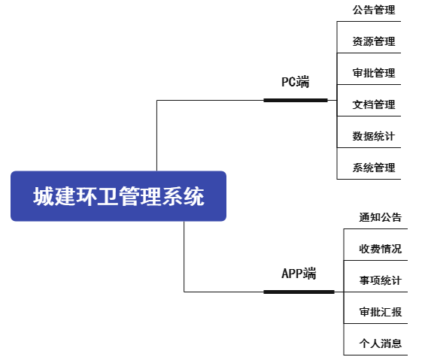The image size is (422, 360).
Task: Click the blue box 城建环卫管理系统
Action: click(118, 196)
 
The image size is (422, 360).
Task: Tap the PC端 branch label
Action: click(295, 82)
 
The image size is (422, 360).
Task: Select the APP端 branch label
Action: click(299, 274)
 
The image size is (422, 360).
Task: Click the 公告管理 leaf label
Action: click(374, 10)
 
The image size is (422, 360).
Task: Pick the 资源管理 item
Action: click(374, 41)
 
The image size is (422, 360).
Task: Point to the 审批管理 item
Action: click(374, 73)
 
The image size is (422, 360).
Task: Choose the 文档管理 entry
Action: click(374, 104)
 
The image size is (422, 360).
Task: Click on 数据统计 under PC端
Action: click(374, 136)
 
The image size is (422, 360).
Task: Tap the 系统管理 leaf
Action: click(374, 168)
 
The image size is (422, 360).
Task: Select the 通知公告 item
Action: click(381, 217)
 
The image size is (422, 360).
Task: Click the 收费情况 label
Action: click(381, 249)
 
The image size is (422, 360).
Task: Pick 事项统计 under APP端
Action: click(381, 280)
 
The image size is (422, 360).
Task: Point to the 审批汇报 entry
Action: click(381, 312)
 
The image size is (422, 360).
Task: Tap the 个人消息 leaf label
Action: click(381, 343)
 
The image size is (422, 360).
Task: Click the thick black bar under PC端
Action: click(296, 100)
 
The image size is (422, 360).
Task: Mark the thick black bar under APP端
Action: click(299, 292)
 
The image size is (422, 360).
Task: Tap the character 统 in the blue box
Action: click(194, 196)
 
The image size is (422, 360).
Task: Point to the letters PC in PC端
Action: click(289, 82)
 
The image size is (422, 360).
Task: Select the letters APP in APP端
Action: click(292, 274)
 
